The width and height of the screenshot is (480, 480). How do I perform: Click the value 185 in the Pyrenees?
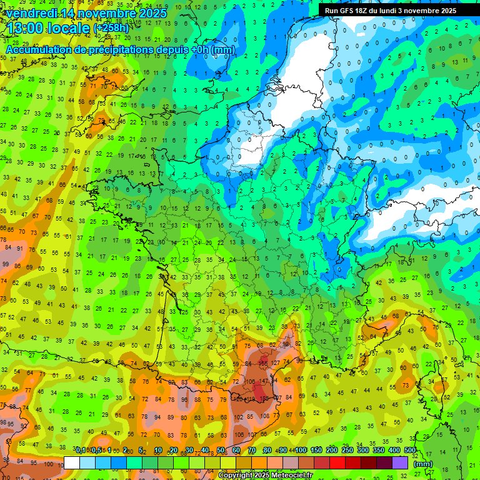[x=265, y=398]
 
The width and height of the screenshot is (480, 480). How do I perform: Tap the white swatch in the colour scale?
[x=72, y=462]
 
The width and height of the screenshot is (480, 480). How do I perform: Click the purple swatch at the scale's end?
[x=401, y=462]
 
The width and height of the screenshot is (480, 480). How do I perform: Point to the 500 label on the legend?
[x=410, y=451]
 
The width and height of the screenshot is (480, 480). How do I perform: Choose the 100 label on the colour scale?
[x=301, y=451]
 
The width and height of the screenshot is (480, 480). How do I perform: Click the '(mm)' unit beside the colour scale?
[x=423, y=464]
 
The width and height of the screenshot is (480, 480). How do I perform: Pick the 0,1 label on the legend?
[x=81, y=451]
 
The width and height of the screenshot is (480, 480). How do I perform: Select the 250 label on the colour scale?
[x=347, y=451]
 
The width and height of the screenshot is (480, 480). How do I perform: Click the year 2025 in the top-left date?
[x=152, y=13]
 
